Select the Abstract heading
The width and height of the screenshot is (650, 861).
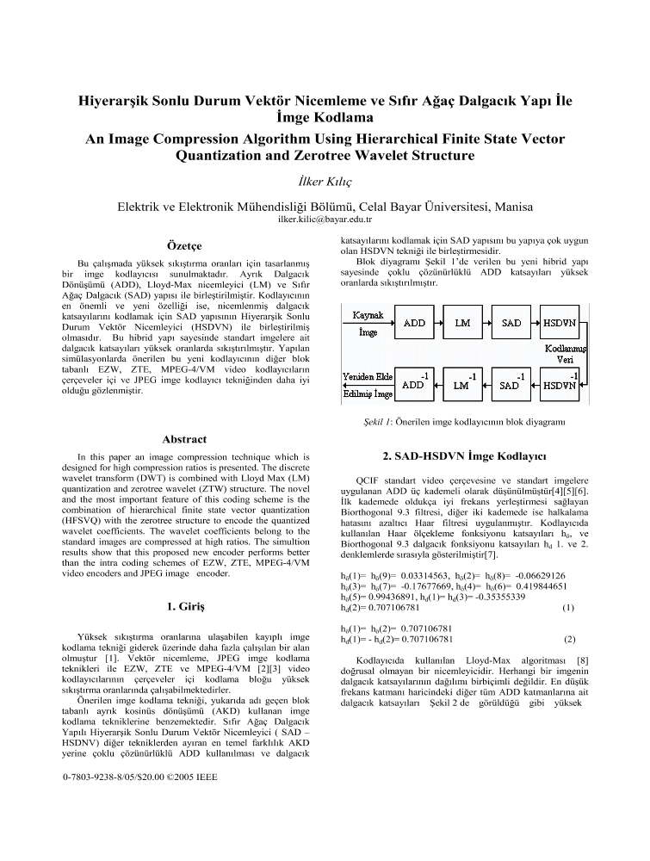pyautogui.click(x=183, y=438)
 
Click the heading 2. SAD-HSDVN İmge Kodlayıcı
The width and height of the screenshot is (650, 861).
pyautogui.click(x=465, y=454)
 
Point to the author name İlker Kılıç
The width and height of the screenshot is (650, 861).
pyautogui.click(x=325, y=183)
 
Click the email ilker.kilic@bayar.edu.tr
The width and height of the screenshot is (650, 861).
pyautogui.click(x=325, y=220)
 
